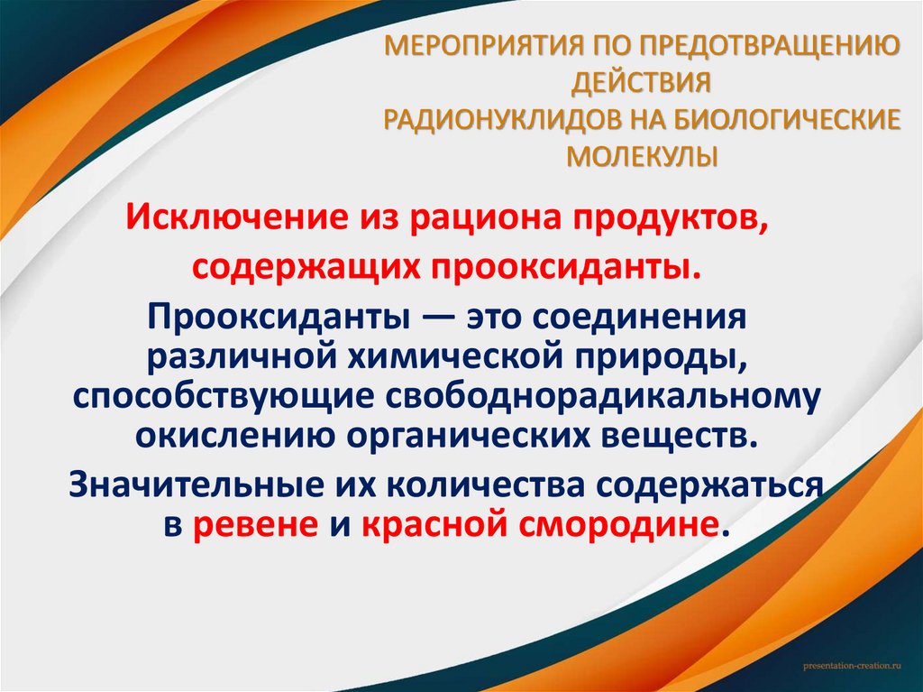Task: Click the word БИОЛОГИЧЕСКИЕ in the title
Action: click(786, 119)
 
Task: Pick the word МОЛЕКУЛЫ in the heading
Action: click(643, 156)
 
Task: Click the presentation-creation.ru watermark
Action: click(851, 664)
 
